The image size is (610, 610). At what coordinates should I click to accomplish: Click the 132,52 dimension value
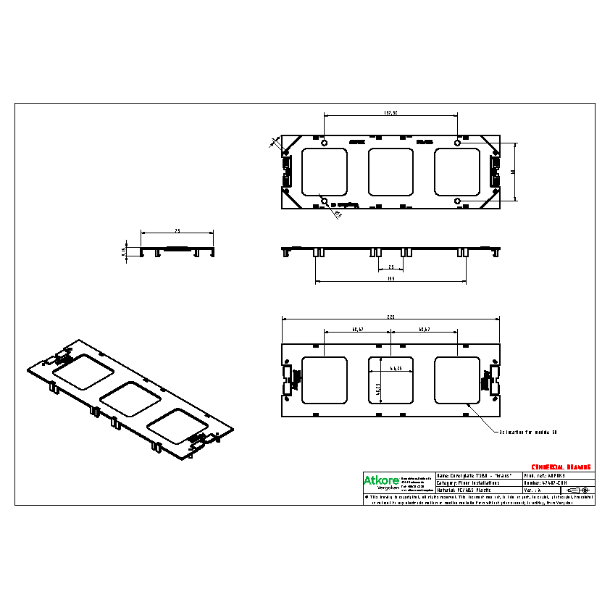click(x=390, y=113)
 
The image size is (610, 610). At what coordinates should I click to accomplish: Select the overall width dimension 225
click(x=390, y=317)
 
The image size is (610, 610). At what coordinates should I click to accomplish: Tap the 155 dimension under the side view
click(x=390, y=278)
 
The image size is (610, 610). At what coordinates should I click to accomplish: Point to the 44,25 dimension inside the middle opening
click(x=396, y=369)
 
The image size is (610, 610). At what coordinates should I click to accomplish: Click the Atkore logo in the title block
click(x=377, y=480)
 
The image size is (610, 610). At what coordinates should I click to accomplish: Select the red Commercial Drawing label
click(x=561, y=467)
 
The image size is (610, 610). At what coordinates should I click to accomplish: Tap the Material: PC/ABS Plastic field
click(x=464, y=490)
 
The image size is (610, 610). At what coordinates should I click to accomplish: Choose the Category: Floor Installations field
click(x=468, y=482)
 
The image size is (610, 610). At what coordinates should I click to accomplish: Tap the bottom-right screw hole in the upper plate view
click(x=457, y=201)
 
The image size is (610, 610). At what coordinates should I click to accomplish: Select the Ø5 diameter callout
click(x=338, y=214)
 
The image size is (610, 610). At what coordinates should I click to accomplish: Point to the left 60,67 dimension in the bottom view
click(x=357, y=330)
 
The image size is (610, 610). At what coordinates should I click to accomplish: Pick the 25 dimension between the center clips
click(x=390, y=267)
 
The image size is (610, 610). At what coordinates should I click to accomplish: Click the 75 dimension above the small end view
click(x=177, y=230)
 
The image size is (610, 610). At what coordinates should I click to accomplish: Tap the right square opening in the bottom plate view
click(x=457, y=380)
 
